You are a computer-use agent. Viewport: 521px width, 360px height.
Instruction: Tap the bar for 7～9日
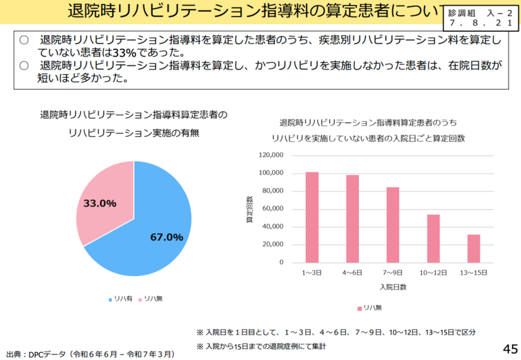pyautogui.click(x=393, y=225)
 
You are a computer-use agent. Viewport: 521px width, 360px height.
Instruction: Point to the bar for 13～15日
pyautogui.click(x=473, y=248)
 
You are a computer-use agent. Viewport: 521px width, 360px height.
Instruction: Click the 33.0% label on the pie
pyautogui.click(x=100, y=203)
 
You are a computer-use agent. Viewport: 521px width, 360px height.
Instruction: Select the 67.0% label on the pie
pyautogui.click(x=166, y=237)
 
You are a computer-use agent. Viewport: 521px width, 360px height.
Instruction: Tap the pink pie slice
pyautogui.click(x=104, y=195)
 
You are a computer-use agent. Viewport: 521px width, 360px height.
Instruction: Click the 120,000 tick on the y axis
pyautogui.click(x=272, y=155)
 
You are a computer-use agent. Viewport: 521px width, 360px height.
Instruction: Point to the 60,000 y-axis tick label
pyautogui.click(x=274, y=208)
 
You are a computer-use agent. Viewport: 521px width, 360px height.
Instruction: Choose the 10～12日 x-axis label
pyautogui.click(x=433, y=273)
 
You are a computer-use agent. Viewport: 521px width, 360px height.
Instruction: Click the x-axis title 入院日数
pyautogui.click(x=392, y=286)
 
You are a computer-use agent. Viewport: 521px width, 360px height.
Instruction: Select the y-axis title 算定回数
pyautogui.click(x=249, y=210)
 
